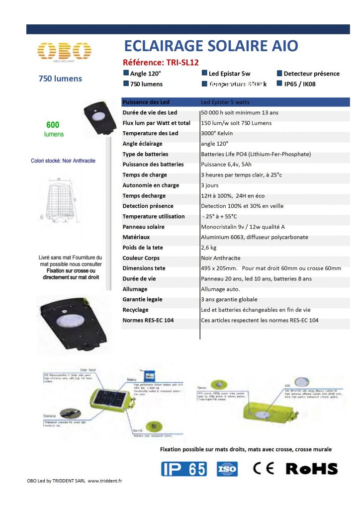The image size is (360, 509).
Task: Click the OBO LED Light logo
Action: pos(65,51)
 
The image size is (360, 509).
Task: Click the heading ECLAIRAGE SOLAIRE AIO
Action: pos(211,46)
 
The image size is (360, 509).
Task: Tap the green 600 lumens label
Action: pos(53,129)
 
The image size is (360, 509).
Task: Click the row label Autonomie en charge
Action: pos(151,185)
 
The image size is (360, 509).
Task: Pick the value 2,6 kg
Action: pos(211,248)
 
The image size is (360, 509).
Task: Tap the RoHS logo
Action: pos(312,468)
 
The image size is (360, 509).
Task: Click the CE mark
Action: pos(263,468)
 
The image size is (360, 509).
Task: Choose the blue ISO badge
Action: pos(227,469)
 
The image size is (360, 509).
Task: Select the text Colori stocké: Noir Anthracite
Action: pos(63,161)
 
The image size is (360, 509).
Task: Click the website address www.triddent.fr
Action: pos(105,481)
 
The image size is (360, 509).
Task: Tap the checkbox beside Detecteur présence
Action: pos(279,73)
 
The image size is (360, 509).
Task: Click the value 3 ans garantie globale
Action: pos(229,299)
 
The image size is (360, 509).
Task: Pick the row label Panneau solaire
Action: pos(143,227)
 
